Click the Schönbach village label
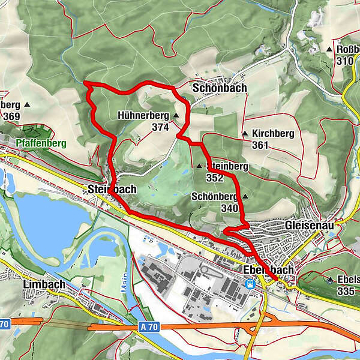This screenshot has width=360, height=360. (x=220, y=88)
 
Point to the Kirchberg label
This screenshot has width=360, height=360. (x=273, y=133)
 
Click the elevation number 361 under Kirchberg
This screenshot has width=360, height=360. (x=260, y=145)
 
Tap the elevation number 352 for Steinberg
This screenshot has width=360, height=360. (x=214, y=178)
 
